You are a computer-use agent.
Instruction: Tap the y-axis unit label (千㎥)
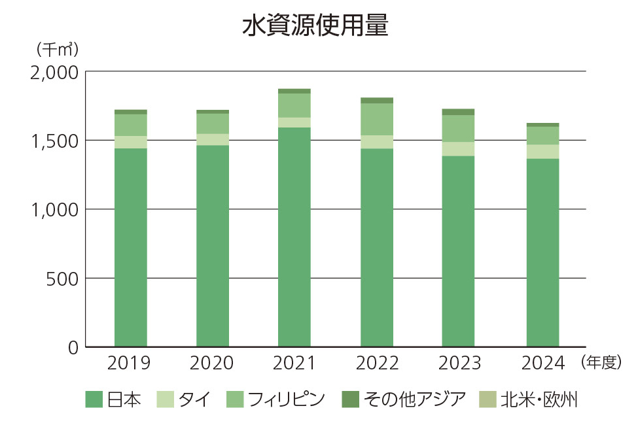58,50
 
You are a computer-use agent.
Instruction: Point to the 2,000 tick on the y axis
54,72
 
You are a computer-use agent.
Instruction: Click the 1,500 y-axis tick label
54,141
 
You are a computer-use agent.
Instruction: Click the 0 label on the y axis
73,347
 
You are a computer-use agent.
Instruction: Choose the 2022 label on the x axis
376,364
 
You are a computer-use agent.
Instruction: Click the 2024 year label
542,364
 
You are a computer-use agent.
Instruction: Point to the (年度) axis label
600,363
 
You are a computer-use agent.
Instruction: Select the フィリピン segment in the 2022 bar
377,119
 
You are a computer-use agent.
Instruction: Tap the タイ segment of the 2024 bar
542,152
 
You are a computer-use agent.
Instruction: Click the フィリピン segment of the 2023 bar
458,128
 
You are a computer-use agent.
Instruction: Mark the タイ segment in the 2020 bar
213,139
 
